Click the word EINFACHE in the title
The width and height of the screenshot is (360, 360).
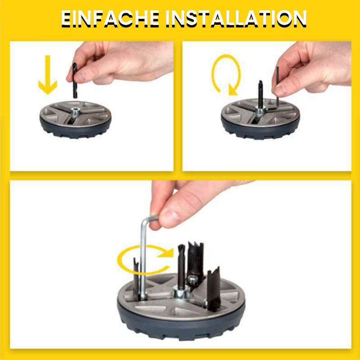click(110, 19)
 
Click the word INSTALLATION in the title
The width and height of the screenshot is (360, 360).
click(236, 19)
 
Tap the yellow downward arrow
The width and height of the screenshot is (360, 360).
click(48, 75)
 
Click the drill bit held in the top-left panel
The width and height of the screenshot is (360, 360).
click(75, 81)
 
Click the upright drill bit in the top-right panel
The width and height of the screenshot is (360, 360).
click(261, 94)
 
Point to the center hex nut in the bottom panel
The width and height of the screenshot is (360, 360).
click(181, 291)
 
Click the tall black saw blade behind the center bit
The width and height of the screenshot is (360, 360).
click(195, 262)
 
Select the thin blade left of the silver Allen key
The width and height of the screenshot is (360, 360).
click(136, 278)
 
